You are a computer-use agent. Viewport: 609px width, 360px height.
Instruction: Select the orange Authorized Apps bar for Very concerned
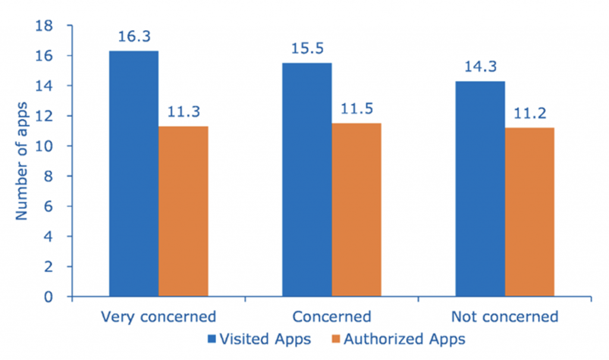[x=183, y=211]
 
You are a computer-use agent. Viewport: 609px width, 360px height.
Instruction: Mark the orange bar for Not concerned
[x=529, y=212]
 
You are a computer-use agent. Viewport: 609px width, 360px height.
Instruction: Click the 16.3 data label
[x=133, y=37]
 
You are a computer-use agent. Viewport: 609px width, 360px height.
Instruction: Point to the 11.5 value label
[x=356, y=109]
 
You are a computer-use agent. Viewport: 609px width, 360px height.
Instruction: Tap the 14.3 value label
[x=480, y=67]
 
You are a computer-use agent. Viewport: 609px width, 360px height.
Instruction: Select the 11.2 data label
[x=529, y=113]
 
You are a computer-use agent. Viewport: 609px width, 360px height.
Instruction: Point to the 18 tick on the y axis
[x=46, y=26]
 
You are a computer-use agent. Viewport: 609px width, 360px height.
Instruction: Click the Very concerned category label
[x=158, y=316]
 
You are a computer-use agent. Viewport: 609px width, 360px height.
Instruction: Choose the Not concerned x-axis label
[x=505, y=316]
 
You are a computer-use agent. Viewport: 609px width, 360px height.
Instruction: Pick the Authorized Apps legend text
[x=404, y=340]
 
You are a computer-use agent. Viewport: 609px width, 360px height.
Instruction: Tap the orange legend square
[x=335, y=340]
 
